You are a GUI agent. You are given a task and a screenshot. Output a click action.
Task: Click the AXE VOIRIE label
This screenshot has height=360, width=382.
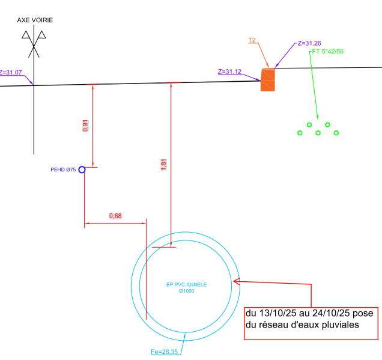tap(35, 20)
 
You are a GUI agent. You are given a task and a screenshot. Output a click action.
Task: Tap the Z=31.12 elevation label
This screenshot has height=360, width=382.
tap(229, 72)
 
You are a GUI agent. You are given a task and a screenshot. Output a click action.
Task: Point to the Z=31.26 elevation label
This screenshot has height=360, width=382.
tap(309, 43)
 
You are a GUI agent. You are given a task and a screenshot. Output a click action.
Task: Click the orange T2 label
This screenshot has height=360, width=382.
tap(252, 40)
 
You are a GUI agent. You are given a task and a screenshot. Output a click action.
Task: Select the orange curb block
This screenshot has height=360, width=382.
tap(267, 79)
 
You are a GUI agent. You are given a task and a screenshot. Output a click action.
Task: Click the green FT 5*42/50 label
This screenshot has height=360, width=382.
tap(327, 52)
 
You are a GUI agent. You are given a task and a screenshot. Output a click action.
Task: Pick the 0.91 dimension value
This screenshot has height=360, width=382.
tap(85, 126)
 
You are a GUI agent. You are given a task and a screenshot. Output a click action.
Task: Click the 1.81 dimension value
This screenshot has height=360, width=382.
tap(164, 164)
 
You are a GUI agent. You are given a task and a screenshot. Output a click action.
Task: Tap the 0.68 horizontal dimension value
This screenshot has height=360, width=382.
tap(115, 216)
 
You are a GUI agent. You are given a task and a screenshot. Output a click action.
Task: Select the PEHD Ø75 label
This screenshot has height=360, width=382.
tap(63, 170)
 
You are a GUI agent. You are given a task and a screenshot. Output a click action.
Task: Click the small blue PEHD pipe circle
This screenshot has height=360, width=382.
tap(82, 169)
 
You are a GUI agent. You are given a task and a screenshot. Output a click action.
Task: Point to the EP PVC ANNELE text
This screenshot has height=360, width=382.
tap(186, 284)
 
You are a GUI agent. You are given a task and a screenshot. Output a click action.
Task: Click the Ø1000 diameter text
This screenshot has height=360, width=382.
tap(186, 291)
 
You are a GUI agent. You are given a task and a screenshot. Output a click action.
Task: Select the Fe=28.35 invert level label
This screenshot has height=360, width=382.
tap(164, 352)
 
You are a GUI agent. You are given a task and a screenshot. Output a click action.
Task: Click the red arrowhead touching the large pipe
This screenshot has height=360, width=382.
tap(236, 281)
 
